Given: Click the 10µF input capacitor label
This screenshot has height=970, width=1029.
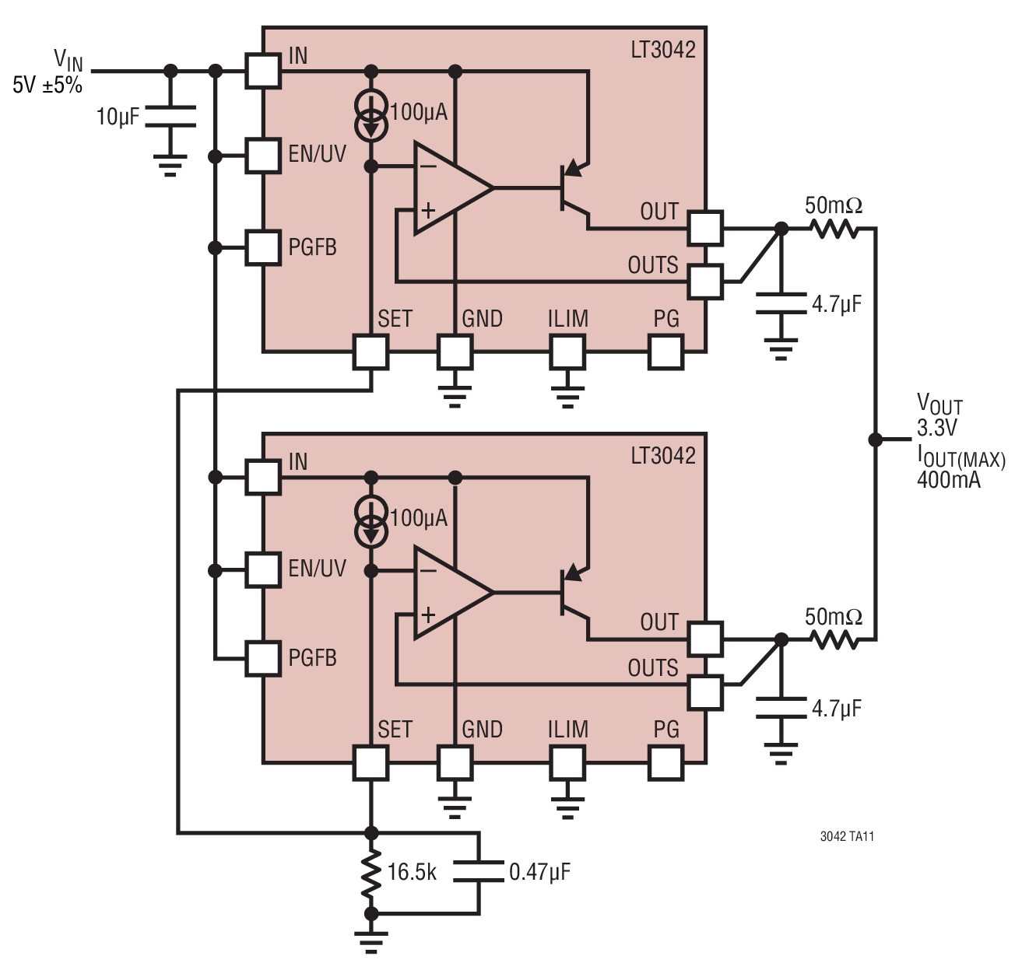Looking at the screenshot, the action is [x=118, y=117].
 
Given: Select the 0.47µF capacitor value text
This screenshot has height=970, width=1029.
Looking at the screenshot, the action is [x=539, y=872].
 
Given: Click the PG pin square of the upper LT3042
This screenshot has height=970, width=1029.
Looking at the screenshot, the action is [x=666, y=352].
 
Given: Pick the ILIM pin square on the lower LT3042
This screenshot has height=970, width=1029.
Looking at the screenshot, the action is [x=568, y=763].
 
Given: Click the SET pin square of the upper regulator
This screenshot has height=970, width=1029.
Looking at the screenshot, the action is [x=371, y=352].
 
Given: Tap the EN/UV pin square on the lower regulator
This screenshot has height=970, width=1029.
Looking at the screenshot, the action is [x=262, y=570].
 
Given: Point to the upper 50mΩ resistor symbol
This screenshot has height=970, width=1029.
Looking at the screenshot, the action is [x=834, y=229].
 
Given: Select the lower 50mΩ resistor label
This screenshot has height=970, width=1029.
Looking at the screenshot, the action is [x=833, y=617].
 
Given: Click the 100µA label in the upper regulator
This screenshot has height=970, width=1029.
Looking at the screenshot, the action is [x=419, y=112].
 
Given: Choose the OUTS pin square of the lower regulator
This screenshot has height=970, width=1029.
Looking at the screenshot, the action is [x=705, y=692].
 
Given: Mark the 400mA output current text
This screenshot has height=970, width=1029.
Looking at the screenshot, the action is [x=949, y=480].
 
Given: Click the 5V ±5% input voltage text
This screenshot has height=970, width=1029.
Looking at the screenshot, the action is [x=47, y=85].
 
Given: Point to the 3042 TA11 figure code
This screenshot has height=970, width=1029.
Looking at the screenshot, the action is [x=847, y=836].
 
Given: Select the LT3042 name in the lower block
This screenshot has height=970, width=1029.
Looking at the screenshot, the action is [x=662, y=456].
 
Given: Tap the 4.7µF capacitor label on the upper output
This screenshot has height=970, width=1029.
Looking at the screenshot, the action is [x=836, y=304].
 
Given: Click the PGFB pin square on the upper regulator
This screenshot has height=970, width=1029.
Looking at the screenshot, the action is [x=262, y=247].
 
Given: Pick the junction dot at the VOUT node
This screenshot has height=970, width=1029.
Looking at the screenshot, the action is [x=875, y=439].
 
